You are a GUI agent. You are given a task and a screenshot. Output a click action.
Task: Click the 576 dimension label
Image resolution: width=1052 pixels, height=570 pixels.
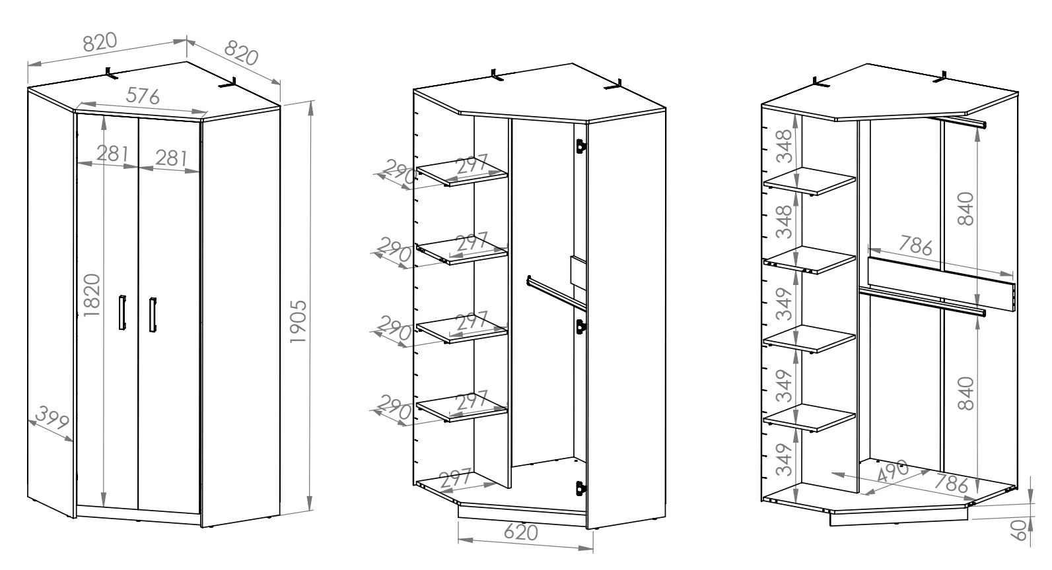click(x=143, y=96)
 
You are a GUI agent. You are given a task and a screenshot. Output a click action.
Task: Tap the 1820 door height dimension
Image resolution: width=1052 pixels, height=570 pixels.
click(x=92, y=295)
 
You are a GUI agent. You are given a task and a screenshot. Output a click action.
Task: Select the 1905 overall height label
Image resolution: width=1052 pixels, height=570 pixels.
click(x=298, y=322)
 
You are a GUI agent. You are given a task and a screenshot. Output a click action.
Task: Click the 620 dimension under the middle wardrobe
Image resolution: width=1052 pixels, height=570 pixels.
click(x=521, y=532)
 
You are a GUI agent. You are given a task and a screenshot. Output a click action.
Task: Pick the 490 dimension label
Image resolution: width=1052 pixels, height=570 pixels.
click(x=892, y=471)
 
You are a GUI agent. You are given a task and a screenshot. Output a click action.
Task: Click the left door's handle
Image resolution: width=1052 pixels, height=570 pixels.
click(x=122, y=313)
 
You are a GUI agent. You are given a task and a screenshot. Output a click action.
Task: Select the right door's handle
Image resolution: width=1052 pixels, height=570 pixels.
click(x=153, y=314)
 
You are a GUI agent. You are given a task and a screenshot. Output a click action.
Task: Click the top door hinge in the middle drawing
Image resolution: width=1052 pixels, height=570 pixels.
click(x=581, y=146)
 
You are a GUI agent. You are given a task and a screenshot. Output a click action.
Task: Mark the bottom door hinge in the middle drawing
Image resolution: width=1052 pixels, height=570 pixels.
click(x=581, y=488)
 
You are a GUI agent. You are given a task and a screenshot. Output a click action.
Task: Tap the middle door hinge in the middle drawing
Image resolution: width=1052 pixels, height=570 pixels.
click(x=581, y=327)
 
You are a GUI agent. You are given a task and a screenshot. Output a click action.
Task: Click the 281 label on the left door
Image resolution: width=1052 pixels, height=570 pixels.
click(x=112, y=154)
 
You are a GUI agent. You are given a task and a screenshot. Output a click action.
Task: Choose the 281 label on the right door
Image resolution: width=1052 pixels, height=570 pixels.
click(x=171, y=158)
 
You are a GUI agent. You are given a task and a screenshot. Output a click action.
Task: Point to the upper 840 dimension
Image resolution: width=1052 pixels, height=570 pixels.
click(x=965, y=208)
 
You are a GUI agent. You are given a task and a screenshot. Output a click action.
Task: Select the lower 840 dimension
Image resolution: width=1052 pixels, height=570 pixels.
click(x=965, y=393)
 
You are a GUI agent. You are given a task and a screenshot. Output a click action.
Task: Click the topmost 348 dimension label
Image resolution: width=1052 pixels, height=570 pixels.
click(x=784, y=146)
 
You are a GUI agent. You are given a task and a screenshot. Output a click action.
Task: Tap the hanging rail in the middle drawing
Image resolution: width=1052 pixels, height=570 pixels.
click(x=557, y=293)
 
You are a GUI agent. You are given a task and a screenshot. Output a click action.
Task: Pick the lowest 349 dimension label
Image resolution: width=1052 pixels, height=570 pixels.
click(x=784, y=460)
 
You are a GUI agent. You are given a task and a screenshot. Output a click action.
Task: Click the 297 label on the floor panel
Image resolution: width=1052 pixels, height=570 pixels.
click(x=455, y=479)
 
